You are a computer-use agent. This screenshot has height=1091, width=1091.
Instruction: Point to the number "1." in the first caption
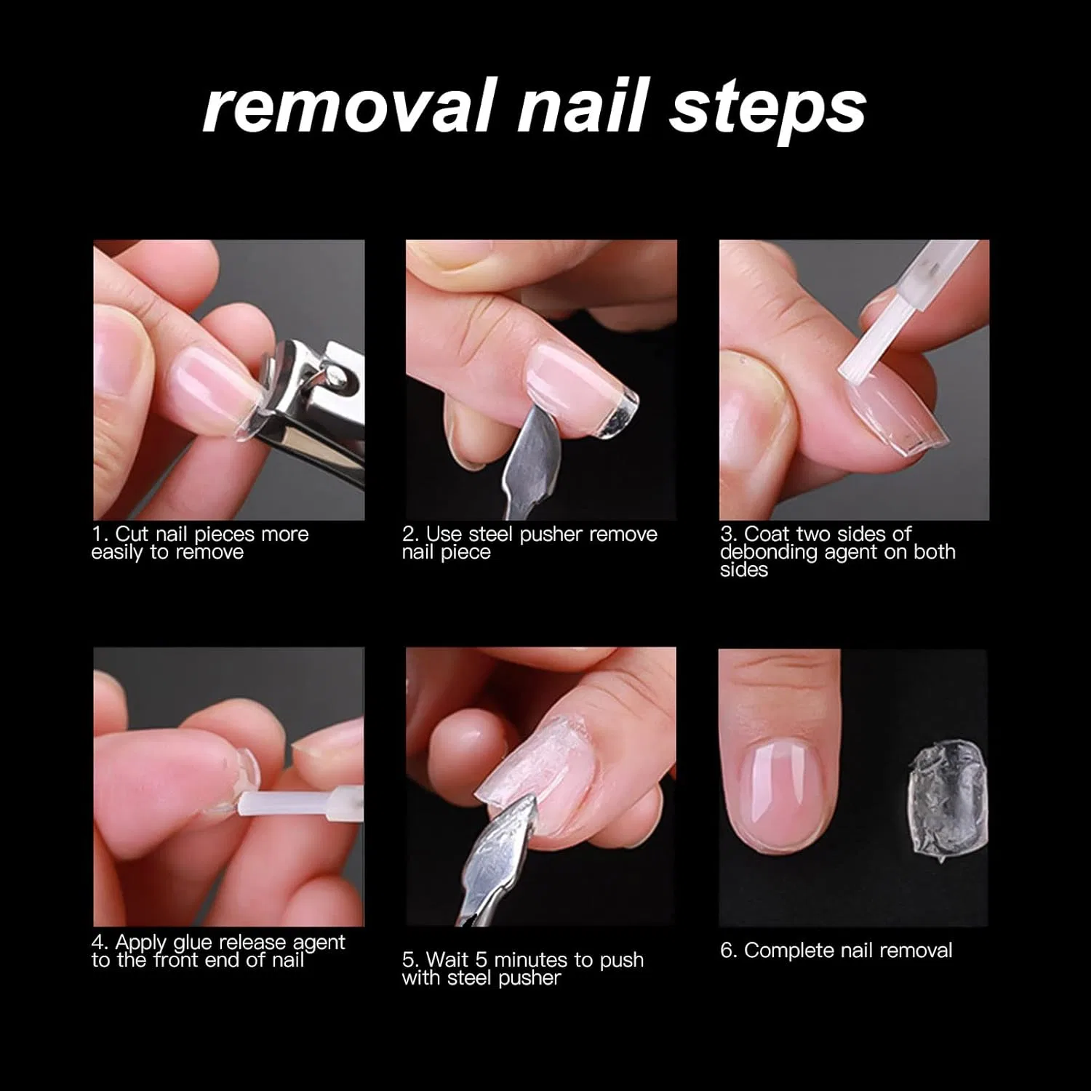(100, 534)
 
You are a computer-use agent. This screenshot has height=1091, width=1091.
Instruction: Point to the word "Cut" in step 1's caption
(132, 534)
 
